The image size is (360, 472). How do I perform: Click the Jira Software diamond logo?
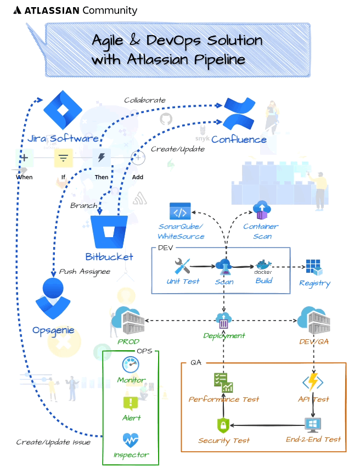pos(63,110)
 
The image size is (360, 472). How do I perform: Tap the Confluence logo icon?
pos(239,114)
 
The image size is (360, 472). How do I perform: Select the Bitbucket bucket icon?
pos(109,232)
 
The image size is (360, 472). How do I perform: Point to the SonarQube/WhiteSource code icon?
pos(180,212)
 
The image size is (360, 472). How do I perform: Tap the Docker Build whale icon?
pos(263,267)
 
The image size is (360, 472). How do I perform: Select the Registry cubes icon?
pos(314,267)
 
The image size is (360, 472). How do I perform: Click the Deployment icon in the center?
pos(223,321)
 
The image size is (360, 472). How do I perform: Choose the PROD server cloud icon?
pos(128,320)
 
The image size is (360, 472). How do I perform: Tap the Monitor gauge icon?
pos(131,365)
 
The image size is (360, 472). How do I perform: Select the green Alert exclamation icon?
pos(131,403)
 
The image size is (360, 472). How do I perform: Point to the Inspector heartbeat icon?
pos(131,440)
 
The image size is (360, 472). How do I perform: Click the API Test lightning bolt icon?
pos(313,382)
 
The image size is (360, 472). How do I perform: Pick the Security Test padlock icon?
pos(223,425)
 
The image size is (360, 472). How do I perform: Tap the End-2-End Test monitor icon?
pos(313,425)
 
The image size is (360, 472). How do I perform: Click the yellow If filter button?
pos(63,159)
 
